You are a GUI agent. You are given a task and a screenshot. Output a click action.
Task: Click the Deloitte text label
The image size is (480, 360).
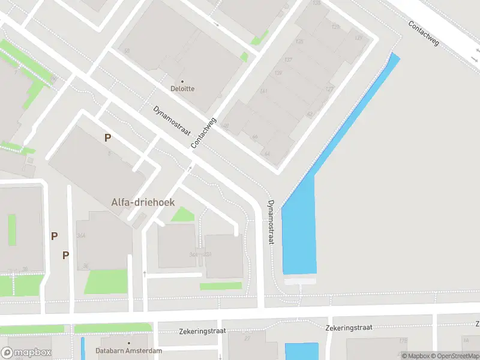(182, 89)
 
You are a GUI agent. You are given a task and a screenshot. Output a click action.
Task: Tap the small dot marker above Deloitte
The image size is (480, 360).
(182, 81)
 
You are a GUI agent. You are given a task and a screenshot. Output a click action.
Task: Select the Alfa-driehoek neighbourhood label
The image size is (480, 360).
(143, 202)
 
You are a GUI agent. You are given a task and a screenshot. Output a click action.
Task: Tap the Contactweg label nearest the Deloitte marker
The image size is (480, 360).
(203, 133)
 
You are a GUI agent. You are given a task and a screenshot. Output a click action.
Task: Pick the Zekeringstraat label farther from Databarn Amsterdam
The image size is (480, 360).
(349, 328)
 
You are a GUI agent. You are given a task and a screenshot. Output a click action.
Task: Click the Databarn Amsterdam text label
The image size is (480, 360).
(129, 351)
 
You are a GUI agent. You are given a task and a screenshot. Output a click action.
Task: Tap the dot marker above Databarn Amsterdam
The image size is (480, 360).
(129, 343)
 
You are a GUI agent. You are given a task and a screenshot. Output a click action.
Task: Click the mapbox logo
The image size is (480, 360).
(26, 353)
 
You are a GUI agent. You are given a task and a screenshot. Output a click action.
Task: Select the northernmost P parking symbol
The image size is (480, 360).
(107, 137)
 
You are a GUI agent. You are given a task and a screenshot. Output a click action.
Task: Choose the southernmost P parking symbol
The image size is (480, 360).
(66, 255)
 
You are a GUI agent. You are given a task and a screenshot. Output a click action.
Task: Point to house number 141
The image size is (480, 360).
(263, 91)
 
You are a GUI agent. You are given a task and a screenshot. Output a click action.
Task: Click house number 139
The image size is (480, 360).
(278, 73)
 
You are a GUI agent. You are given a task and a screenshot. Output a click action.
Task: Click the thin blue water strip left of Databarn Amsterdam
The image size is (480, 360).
(83, 348)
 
